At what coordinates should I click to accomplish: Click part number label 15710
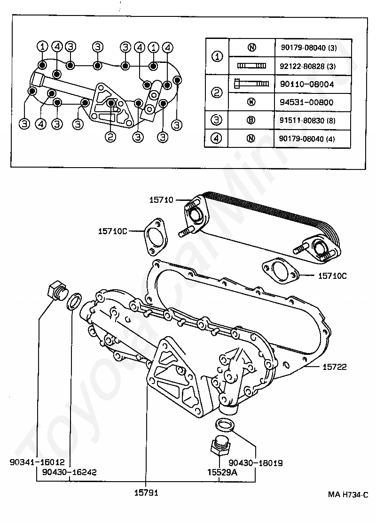(x=161, y=200)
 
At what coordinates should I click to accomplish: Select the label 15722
(x=335, y=367)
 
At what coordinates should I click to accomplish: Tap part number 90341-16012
(x=37, y=462)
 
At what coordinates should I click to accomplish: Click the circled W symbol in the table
(x=251, y=102)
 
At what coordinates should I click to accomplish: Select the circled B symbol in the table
(x=251, y=120)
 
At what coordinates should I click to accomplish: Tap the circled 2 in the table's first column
(x=217, y=93)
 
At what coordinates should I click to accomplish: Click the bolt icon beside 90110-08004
(x=251, y=84)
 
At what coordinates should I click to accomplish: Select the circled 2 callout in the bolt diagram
(x=110, y=137)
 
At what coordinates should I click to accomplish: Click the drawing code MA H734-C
(x=348, y=494)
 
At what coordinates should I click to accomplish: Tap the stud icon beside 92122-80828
(x=251, y=66)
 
